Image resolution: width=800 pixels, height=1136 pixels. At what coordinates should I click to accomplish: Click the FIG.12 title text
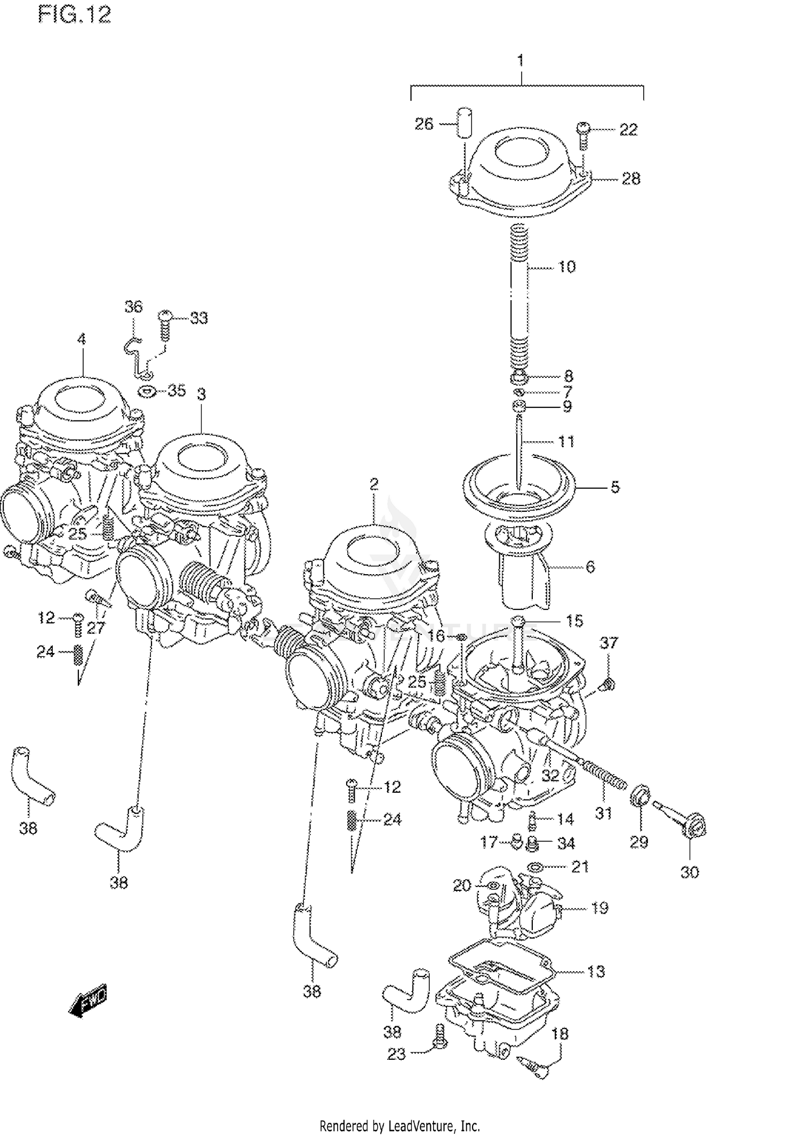pyautogui.click(x=75, y=15)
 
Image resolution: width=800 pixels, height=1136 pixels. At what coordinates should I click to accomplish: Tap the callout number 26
pyautogui.click(x=425, y=124)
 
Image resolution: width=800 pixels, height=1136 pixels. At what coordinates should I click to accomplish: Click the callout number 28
pyautogui.click(x=631, y=179)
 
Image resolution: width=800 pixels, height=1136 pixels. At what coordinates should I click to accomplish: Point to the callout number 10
pyautogui.click(x=566, y=267)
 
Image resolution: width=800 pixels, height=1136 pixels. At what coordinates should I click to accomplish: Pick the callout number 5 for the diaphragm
pyautogui.click(x=615, y=487)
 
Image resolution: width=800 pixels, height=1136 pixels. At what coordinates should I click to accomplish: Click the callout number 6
pyautogui.click(x=590, y=567)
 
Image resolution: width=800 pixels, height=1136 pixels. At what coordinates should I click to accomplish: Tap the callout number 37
pyautogui.click(x=609, y=643)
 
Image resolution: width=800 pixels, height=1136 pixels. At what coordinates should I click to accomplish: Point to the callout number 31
pyautogui.click(x=603, y=813)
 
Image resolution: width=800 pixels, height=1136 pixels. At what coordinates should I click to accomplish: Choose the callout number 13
pyautogui.click(x=596, y=971)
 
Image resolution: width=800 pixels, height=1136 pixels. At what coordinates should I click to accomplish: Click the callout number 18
pyautogui.click(x=559, y=1034)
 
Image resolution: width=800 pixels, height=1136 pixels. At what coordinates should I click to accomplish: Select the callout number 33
pyautogui.click(x=198, y=318)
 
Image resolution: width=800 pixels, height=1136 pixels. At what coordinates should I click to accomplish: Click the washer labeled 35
pyautogui.click(x=147, y=392)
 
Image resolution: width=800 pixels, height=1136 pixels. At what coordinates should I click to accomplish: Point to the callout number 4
pyautogui.click(x=81, y=339)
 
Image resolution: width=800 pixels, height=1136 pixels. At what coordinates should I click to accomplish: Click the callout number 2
pyautogui.click(x=373, y=484)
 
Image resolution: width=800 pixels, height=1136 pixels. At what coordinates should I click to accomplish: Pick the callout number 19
pyautogui.click(x=600, y=908)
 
